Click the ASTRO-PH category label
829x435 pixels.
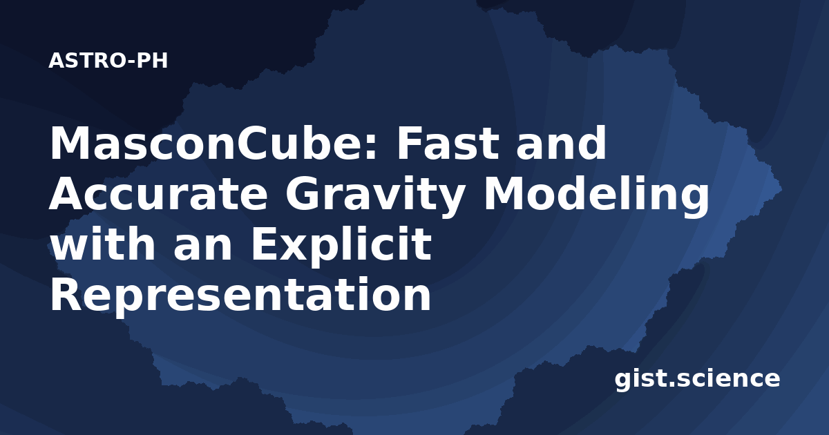[x=108, y=61]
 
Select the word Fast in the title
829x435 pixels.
[x=448, y=143]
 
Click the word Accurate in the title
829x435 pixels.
[x=158, y=193]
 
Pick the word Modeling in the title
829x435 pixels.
[x=597, y=196]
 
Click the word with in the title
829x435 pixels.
[x=102, y=243]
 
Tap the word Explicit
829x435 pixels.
[x=341, y=247]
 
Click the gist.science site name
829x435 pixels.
[x=697, y=380]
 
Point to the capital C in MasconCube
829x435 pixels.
[x=251, y=144]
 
